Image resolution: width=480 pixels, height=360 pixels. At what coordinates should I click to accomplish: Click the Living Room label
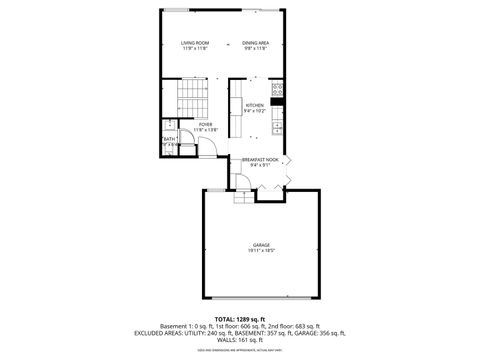tap(193, 43)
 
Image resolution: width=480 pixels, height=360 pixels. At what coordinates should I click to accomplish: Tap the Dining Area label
tap(255, 43)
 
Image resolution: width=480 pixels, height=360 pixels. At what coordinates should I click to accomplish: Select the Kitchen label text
tap(255, 105)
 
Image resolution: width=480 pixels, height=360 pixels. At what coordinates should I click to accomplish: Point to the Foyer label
tap(205, 124)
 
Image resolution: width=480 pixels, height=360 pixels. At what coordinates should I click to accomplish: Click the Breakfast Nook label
tap(259, 159)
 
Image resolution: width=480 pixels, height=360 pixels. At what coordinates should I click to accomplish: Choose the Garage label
tap(261, 245)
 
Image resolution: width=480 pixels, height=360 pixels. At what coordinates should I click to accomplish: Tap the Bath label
tap(169, 139)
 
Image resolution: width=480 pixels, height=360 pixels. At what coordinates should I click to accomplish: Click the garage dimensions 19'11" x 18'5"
tap(261, 251)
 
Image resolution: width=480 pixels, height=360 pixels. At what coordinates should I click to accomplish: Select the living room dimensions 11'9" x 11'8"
tap(193, 49)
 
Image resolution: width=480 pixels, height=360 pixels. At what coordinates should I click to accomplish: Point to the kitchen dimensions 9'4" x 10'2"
tap(255, 111)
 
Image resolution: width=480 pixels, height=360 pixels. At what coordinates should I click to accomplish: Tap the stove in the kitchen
tap(279, 100)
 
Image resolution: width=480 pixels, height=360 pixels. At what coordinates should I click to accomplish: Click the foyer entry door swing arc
tap(212, 149)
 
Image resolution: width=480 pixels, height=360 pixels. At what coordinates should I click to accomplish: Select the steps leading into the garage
tap(240, 196)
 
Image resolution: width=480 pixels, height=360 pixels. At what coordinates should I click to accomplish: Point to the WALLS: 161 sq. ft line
tap(240, 341)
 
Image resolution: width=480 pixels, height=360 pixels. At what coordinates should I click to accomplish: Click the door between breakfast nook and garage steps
tap(242, 181)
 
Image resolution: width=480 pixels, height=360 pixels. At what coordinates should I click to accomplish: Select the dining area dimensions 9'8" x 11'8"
tap(255, 49)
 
